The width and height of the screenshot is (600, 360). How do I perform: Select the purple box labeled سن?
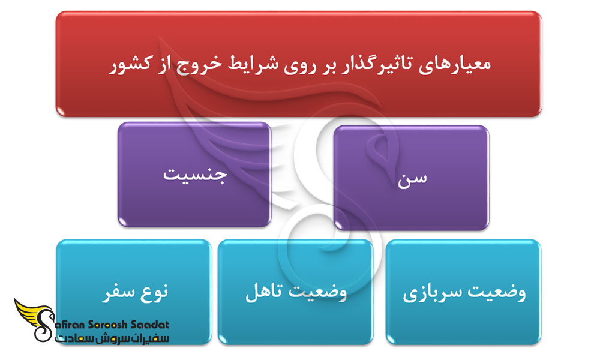point(412,178)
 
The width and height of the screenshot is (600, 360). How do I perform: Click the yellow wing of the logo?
point(30,312)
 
